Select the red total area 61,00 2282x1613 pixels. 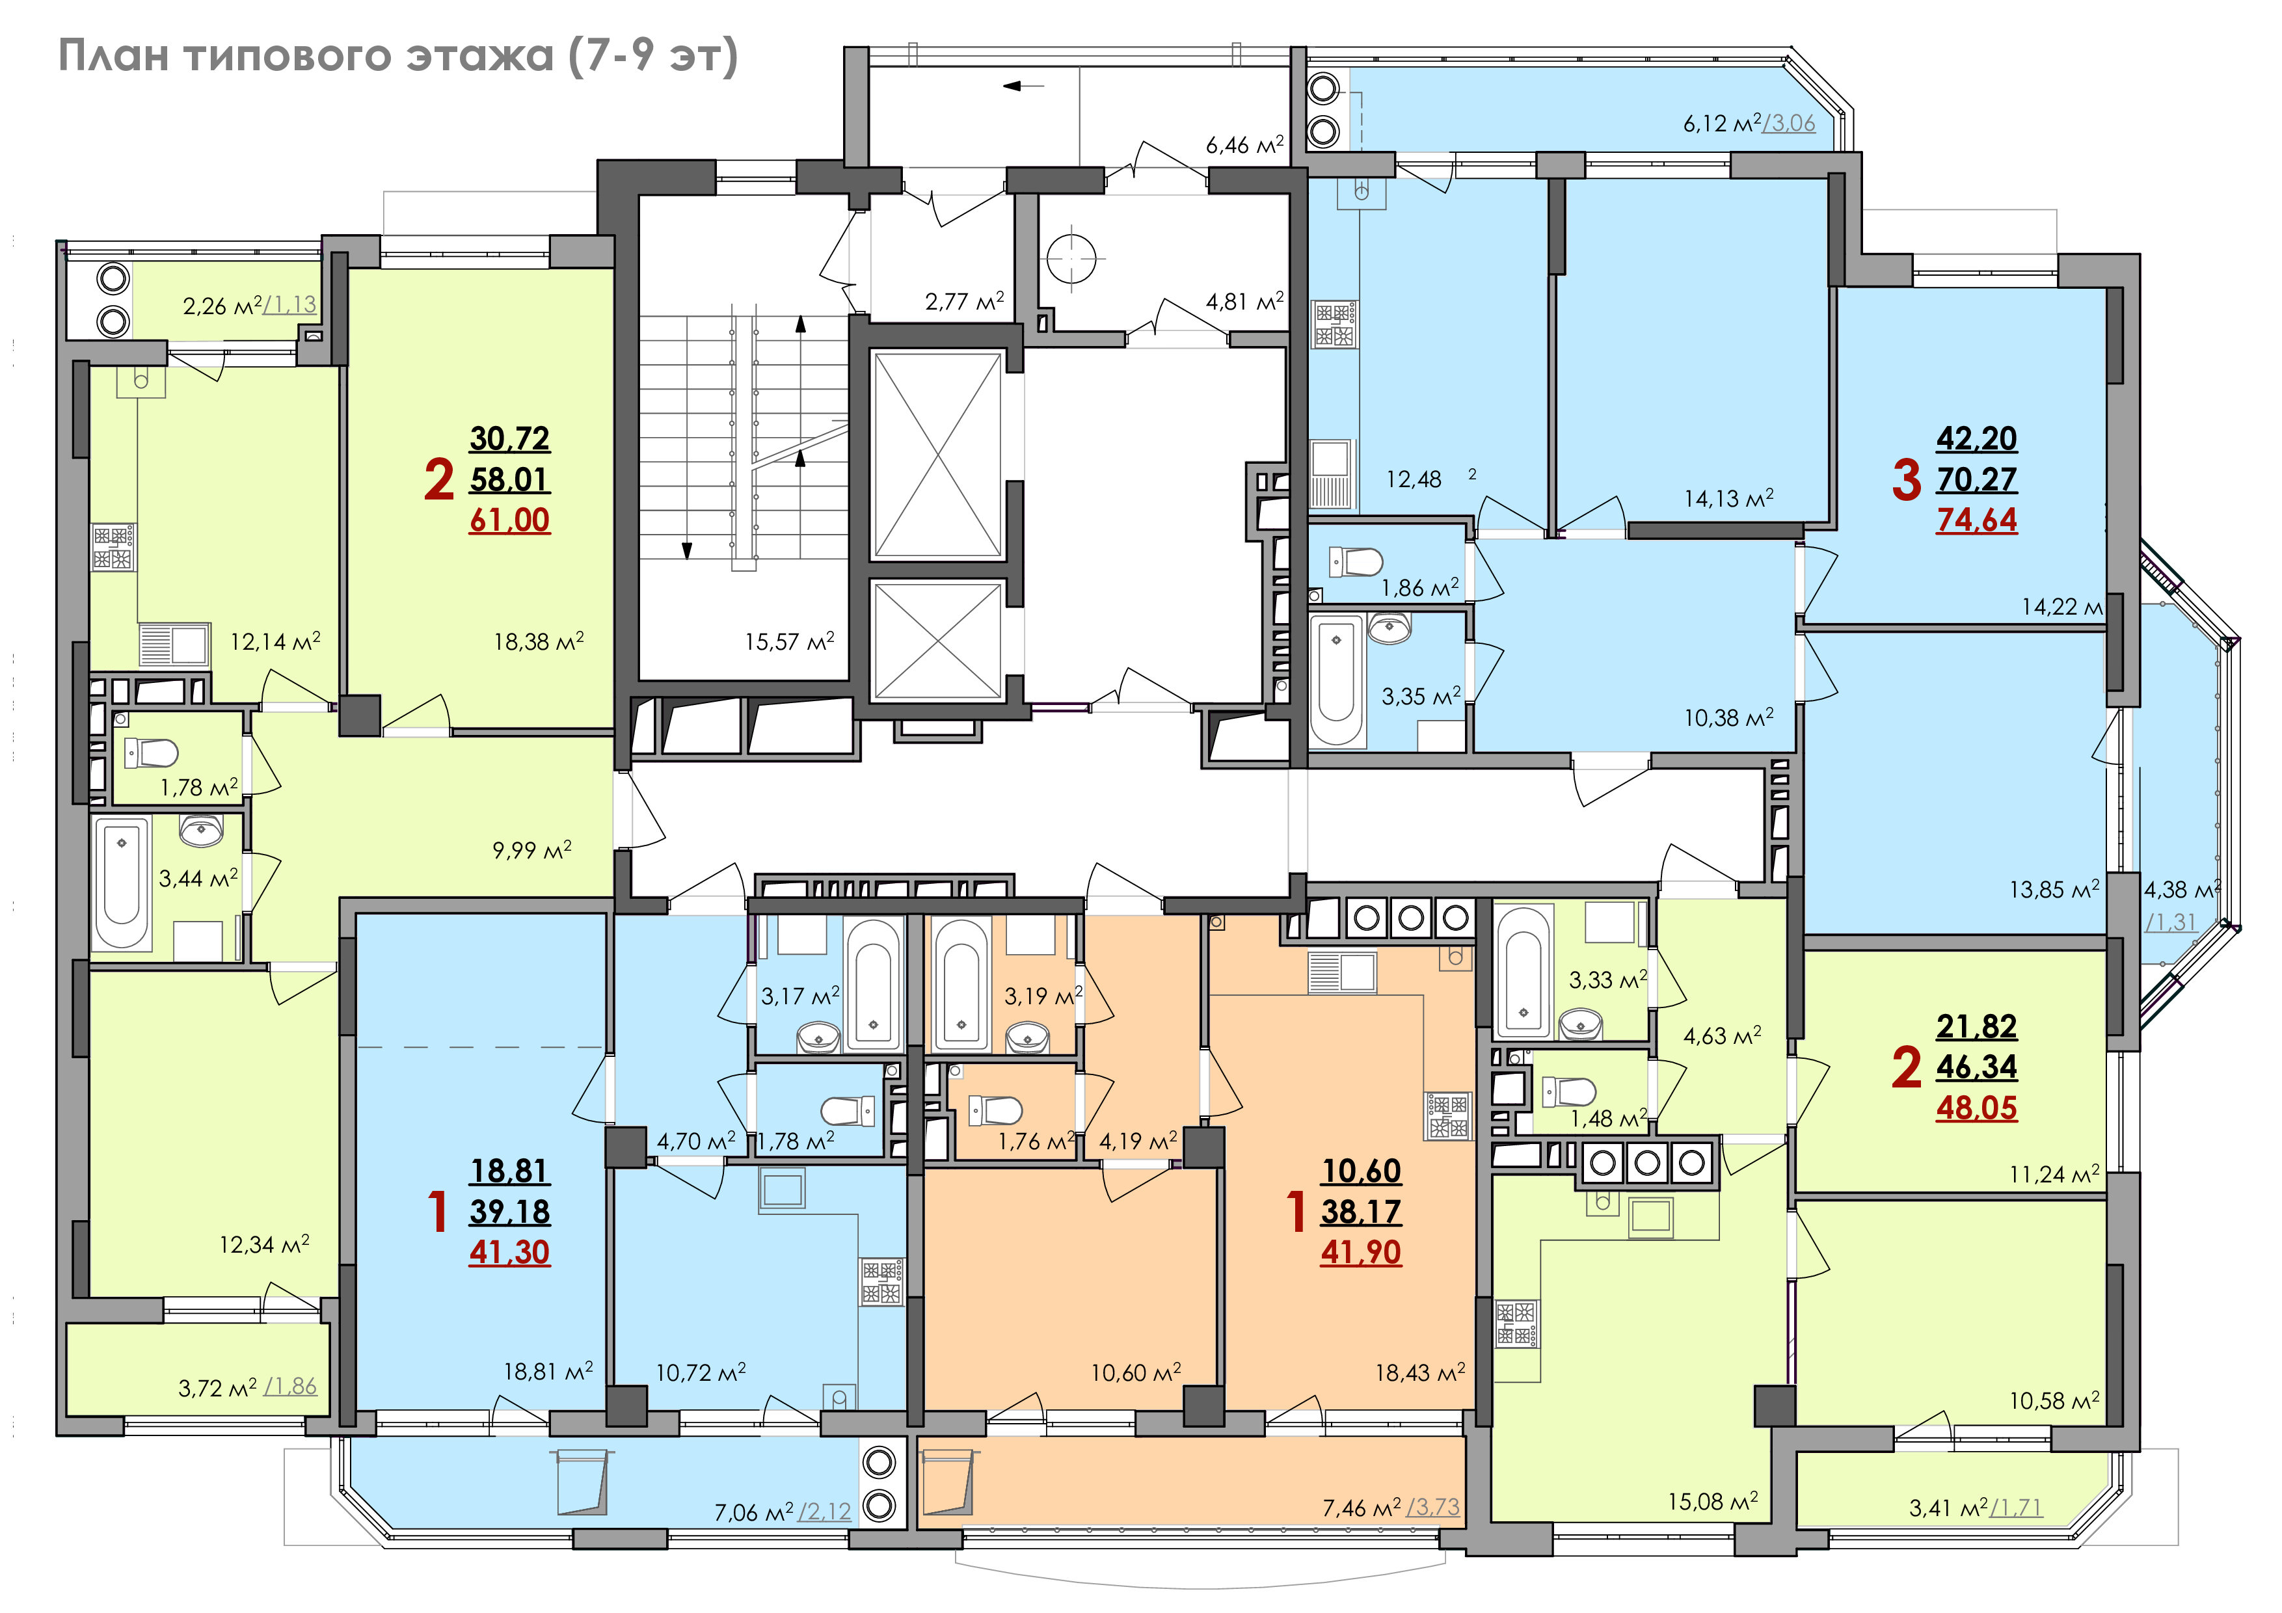pyautogui.click(x=509, y=520)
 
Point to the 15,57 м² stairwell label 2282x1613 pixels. pyautogui.click(x=789, y=642)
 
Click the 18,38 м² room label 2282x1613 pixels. pyautogui.click(x=539, y=642)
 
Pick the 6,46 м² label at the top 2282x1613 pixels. pyautogui.click(x=1244, y=145)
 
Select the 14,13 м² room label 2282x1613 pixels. pyautogui.click(x=1728, y=498)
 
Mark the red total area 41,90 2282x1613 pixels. pyautogui.click(x=1361, y=1252)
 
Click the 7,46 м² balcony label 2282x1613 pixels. pyautogui.click(x=1362, y=1508)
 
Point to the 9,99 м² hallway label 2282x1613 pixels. pyautogui.click(x=531, y=849)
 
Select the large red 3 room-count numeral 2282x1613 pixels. pyautogui.click(x=1906, y=479)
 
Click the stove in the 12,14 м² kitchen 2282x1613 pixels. pyautogui.click(x=114, y=548)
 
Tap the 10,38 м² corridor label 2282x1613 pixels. pyautogui.click(x=1728, y=717)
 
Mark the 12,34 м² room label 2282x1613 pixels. pyautogui.click(x=264, y=1244)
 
